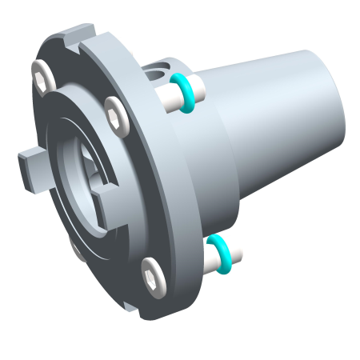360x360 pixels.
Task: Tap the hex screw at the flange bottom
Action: click(x=152, y=275)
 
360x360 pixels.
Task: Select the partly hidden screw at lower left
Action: click(x=76, y=250)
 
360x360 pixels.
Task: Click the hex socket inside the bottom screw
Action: click(x=152, y=275)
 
